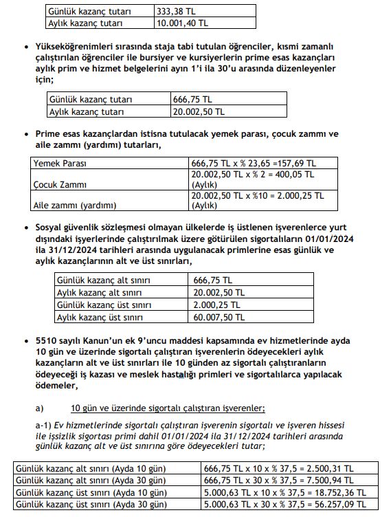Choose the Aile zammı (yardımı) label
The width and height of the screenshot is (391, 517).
[x=76, y=205]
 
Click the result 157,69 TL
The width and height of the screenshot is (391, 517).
[x=296, y=164]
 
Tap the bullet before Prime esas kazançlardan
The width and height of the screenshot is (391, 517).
[x=26, y=134]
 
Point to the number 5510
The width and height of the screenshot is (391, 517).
[x=49, y=341]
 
